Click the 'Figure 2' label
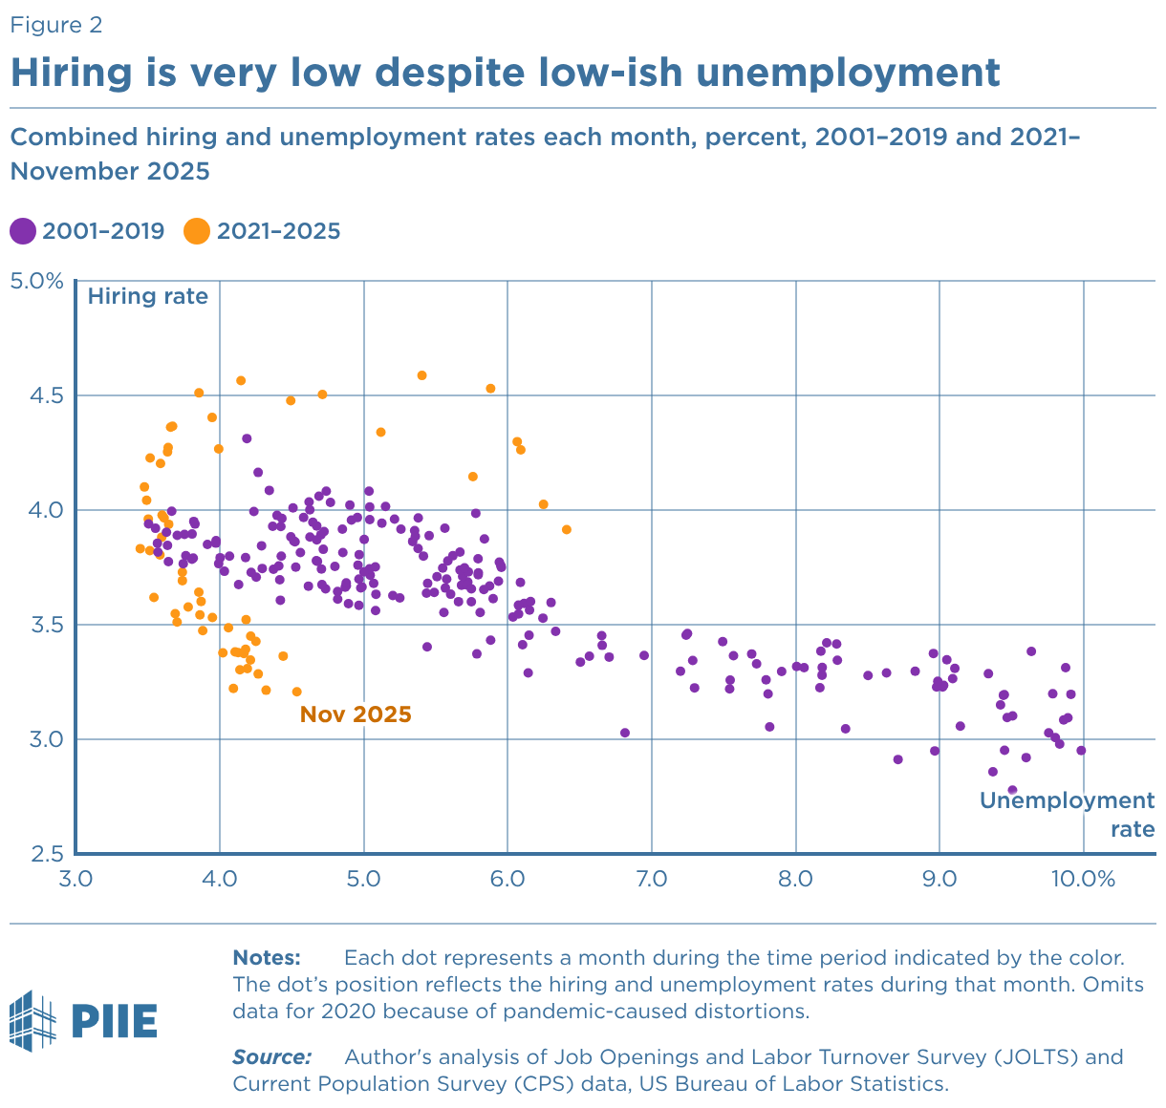pyautogui.click(x=55, y=25)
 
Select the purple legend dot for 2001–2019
pyautogui.click(x=22, y=231)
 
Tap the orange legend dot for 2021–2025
pyautogui.click(x=197, y=231)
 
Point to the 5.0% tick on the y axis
pyautogui.click(x=35, y=281)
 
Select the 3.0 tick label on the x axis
pyautogui.click(x=76, y=879)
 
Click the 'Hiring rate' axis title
pyautogui.click(x=147, y=296)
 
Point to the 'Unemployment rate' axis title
pyautogui.click(x=1068, y=814)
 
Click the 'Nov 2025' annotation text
pyautogui.click(x=356, y=714)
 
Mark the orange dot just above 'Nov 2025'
pyautogui.click(x=296, y=692)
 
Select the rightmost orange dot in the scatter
pyautogui.click(x=566, y=529)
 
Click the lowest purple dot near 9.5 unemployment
pyautogui.click(x=1012, y=790)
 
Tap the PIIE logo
pyautogui.click(x=83, y=1021)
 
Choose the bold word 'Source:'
pyautogui.click(x=271, y=1057)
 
